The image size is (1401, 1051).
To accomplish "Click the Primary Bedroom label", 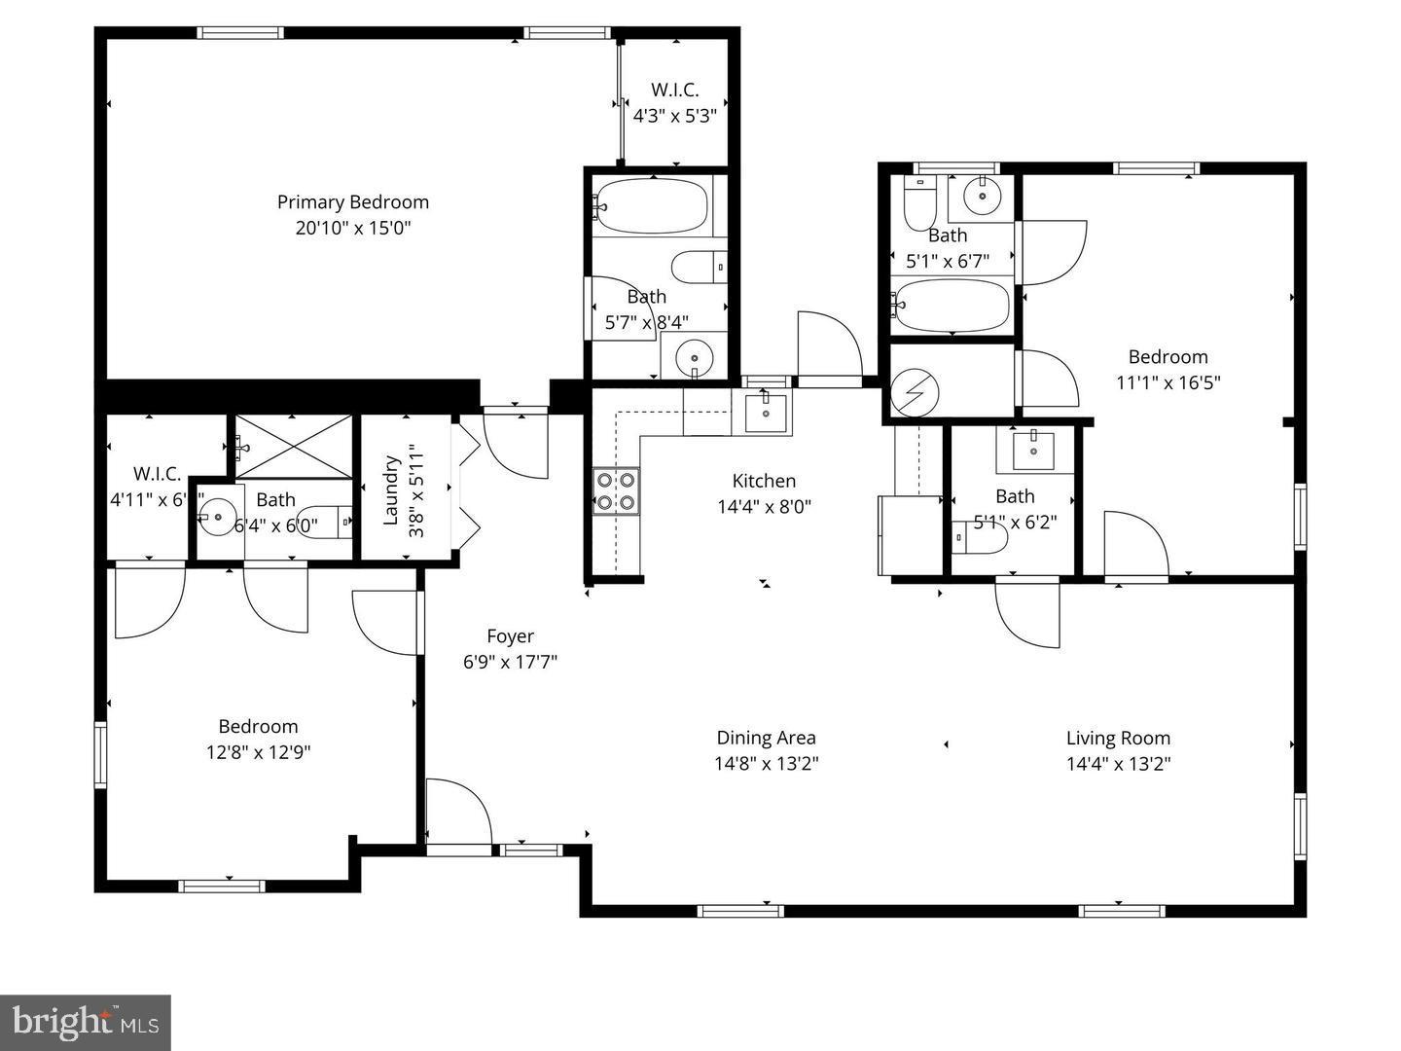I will point(352,202).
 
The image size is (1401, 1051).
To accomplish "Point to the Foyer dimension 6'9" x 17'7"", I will point(510,663).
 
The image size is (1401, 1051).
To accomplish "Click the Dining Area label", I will point(766,738).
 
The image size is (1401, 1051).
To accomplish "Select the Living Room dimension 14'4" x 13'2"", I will point(1118,764).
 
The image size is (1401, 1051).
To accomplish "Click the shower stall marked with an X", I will point(295,446).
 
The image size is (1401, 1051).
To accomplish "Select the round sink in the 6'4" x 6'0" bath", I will point(217,516).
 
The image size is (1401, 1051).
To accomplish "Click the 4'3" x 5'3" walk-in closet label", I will point(674,116).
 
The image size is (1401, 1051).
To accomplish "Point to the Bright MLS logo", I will point(86,1022).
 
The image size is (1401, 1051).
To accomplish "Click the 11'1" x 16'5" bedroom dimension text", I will point(1167,382).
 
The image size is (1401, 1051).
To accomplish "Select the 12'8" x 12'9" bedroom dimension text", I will point(258,752).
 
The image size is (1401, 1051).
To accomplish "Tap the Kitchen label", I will point(764,481).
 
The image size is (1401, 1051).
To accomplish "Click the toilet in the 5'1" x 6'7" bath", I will point(919,203).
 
